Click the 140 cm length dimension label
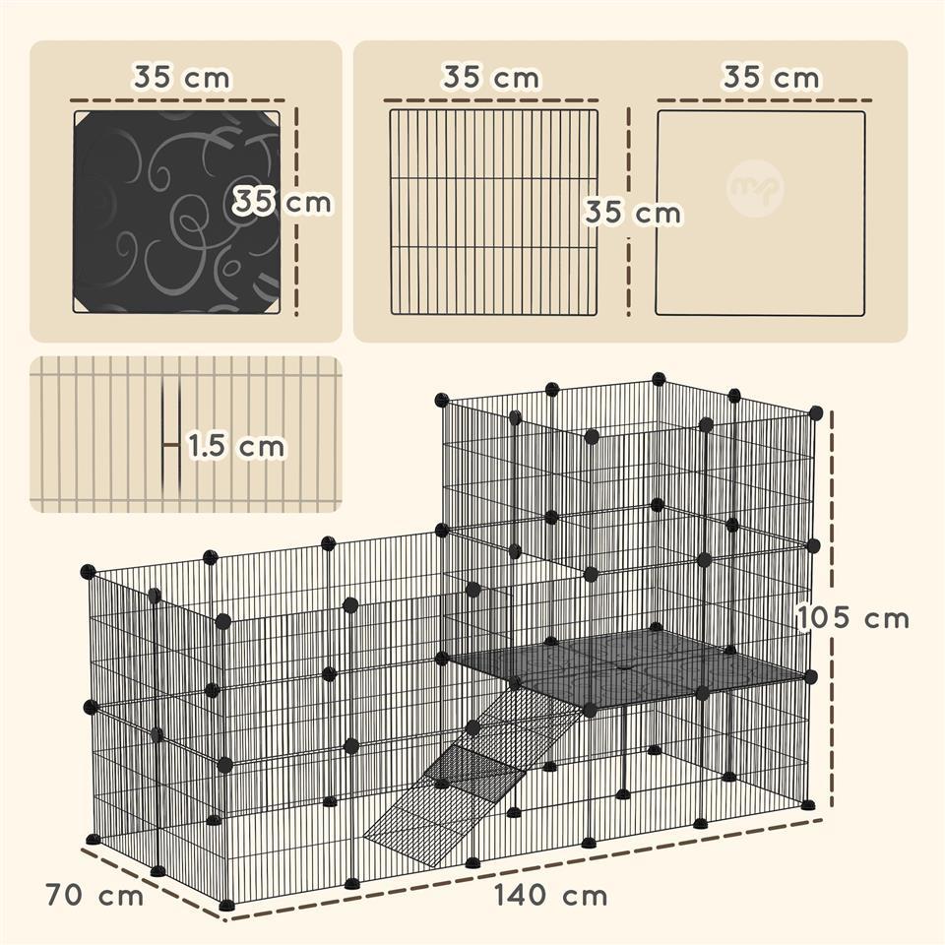tap(551, 896)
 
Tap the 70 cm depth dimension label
tap(94, 896)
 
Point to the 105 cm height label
tap(853, 618)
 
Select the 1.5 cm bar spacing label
tap(235, 446)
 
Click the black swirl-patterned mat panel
tap(176, 212)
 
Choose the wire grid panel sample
tap(493, 213)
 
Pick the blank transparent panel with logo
tap(761, 213)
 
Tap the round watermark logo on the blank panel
tap(755, 189)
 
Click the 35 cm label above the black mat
tap(181, 77)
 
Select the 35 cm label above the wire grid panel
tap(491, 77)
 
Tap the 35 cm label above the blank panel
tap(772, 77)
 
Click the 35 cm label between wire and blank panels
tap(633, 213)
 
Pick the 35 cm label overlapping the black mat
tap(283, 201)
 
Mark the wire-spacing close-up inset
tap(186, 434)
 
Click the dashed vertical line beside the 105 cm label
tap(832, 608)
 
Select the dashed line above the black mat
tap(177, 100)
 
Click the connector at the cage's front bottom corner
tap(226, 905)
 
